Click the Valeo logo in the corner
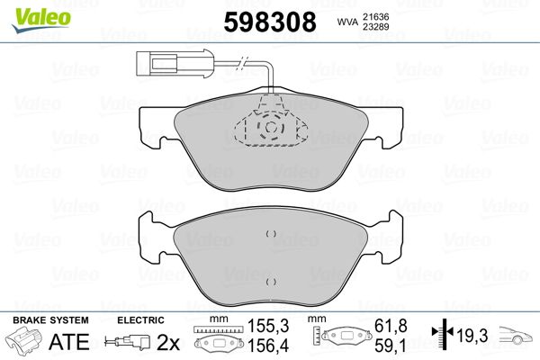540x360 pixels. coord(41,20)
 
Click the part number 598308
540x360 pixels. coord(270,22)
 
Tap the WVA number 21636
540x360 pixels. coord(375,17)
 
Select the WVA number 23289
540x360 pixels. coord(375,27)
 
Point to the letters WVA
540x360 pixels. coord(347,22)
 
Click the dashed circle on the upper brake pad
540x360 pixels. coord(271,128)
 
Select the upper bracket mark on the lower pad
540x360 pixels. coord(271,234)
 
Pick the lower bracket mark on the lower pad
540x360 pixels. coord(271,282)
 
